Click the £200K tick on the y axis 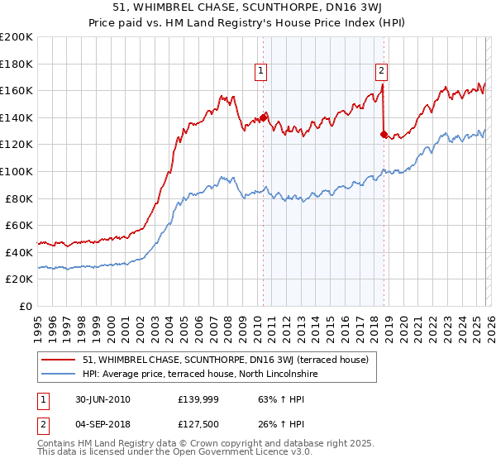pos(17,37)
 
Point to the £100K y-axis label pos(17,171)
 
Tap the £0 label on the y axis pos(26,306)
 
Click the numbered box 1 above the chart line pos(261,72)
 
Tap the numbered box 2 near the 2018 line pos(382,72)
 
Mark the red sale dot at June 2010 pos(263,117)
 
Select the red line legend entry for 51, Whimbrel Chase pos(231,360)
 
